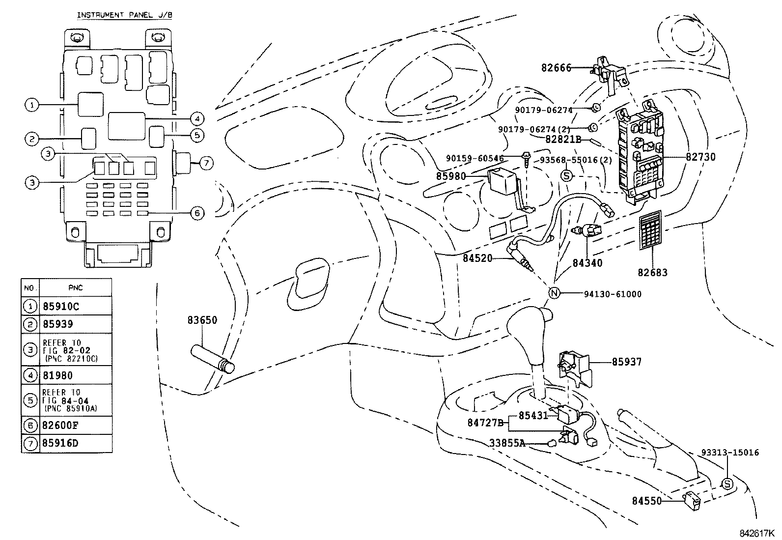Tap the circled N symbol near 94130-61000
pos(554,293)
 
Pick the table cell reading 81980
pos(57,375)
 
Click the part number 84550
pos(647,501)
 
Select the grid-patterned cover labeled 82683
pos(651,230)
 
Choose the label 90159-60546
pos(475,158)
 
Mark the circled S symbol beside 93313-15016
pos(727,483)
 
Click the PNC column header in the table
pos(76,287)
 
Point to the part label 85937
pos(626,362)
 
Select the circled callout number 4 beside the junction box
pos(196,118)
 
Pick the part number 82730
pos(700,157)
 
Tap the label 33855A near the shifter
pos(507,443)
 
